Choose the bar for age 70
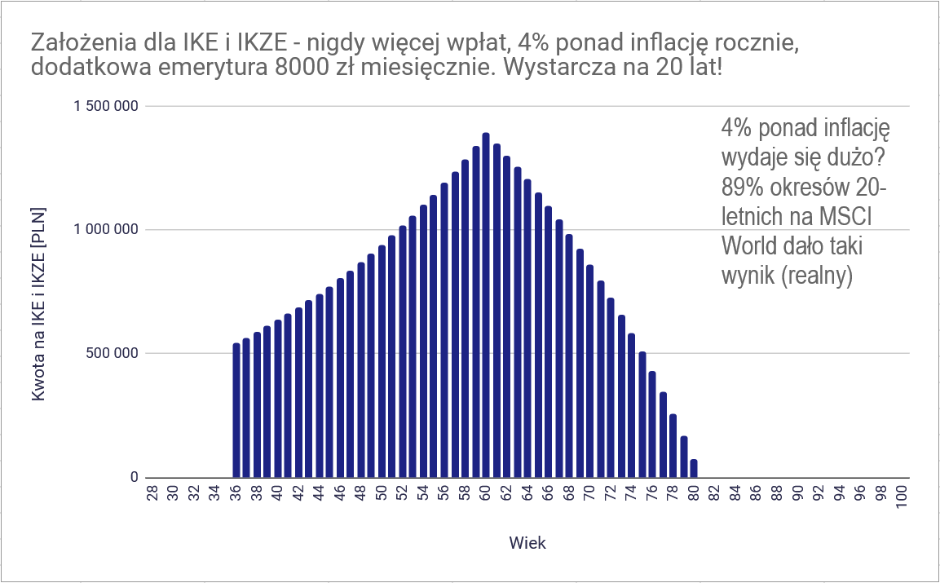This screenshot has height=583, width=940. pos(589,371)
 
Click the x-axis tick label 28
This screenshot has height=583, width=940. pos(152,494)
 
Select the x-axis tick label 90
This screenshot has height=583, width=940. pos(798,494)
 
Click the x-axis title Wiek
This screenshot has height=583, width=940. pos(527,543)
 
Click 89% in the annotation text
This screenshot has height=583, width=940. pos(742,187)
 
